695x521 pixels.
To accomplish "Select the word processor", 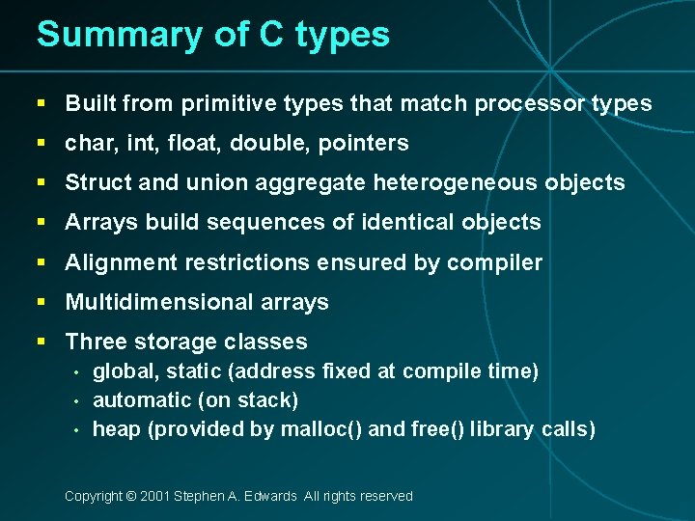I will click(x=532, y=103).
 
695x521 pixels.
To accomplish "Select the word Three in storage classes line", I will click(x=92, y=342).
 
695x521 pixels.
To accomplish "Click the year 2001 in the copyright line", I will click(x=154, y=496).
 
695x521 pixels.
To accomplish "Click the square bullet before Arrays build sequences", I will click(x=42, y=223).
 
